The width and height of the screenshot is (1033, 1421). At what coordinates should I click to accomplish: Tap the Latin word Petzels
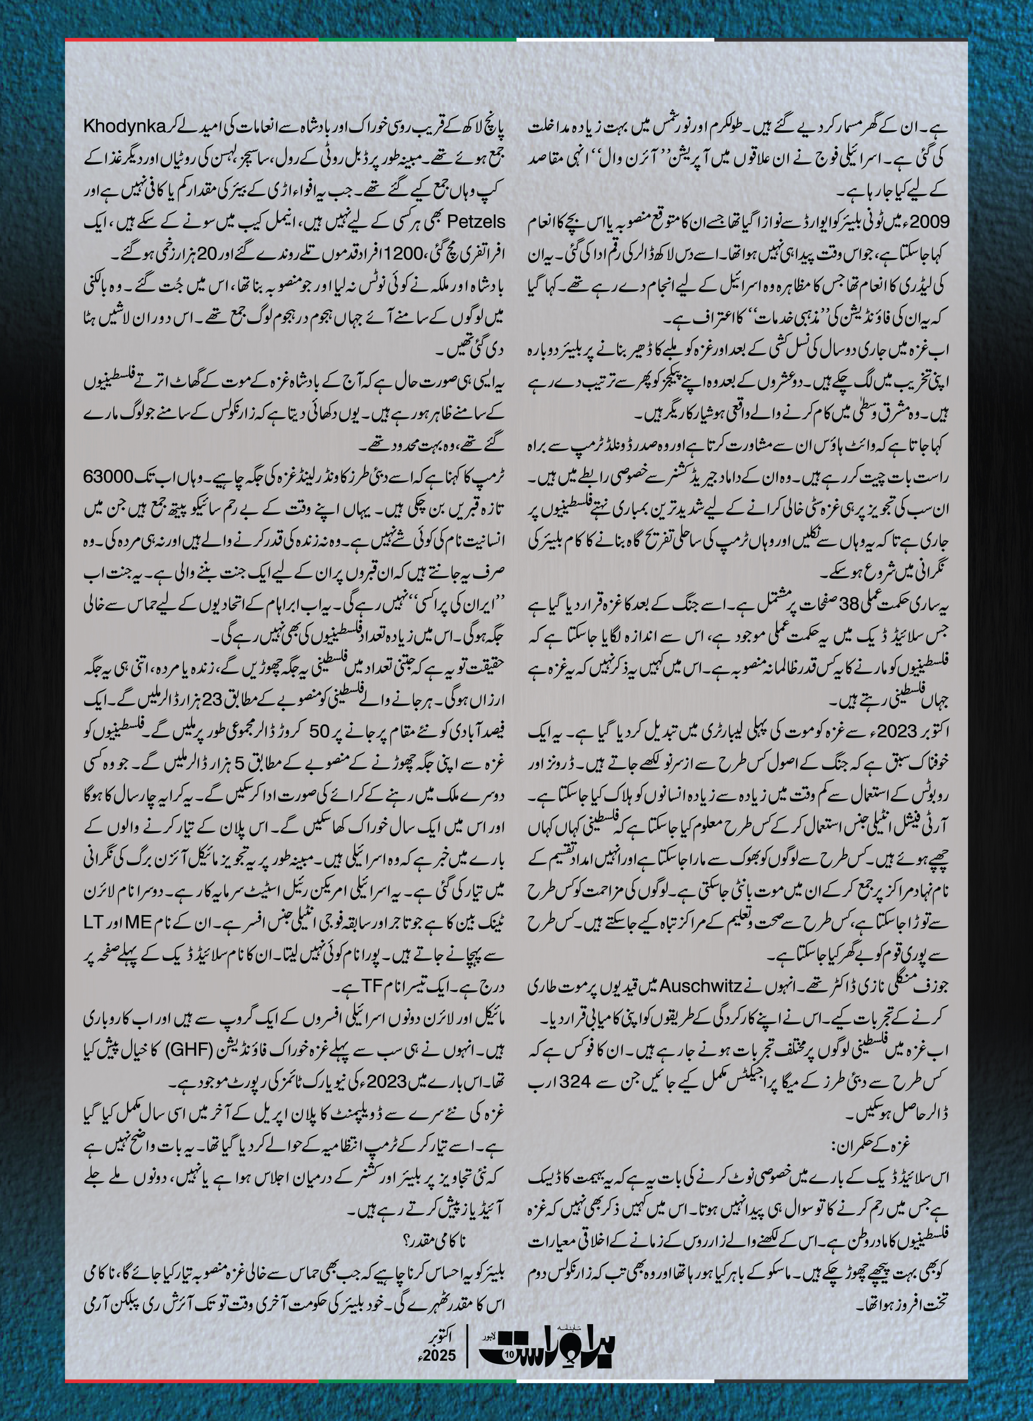(x=108, y=223)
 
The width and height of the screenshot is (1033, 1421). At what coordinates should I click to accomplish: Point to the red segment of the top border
(x=191, y=40)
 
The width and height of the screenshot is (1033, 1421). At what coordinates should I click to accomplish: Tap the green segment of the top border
(x=417, y=40)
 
